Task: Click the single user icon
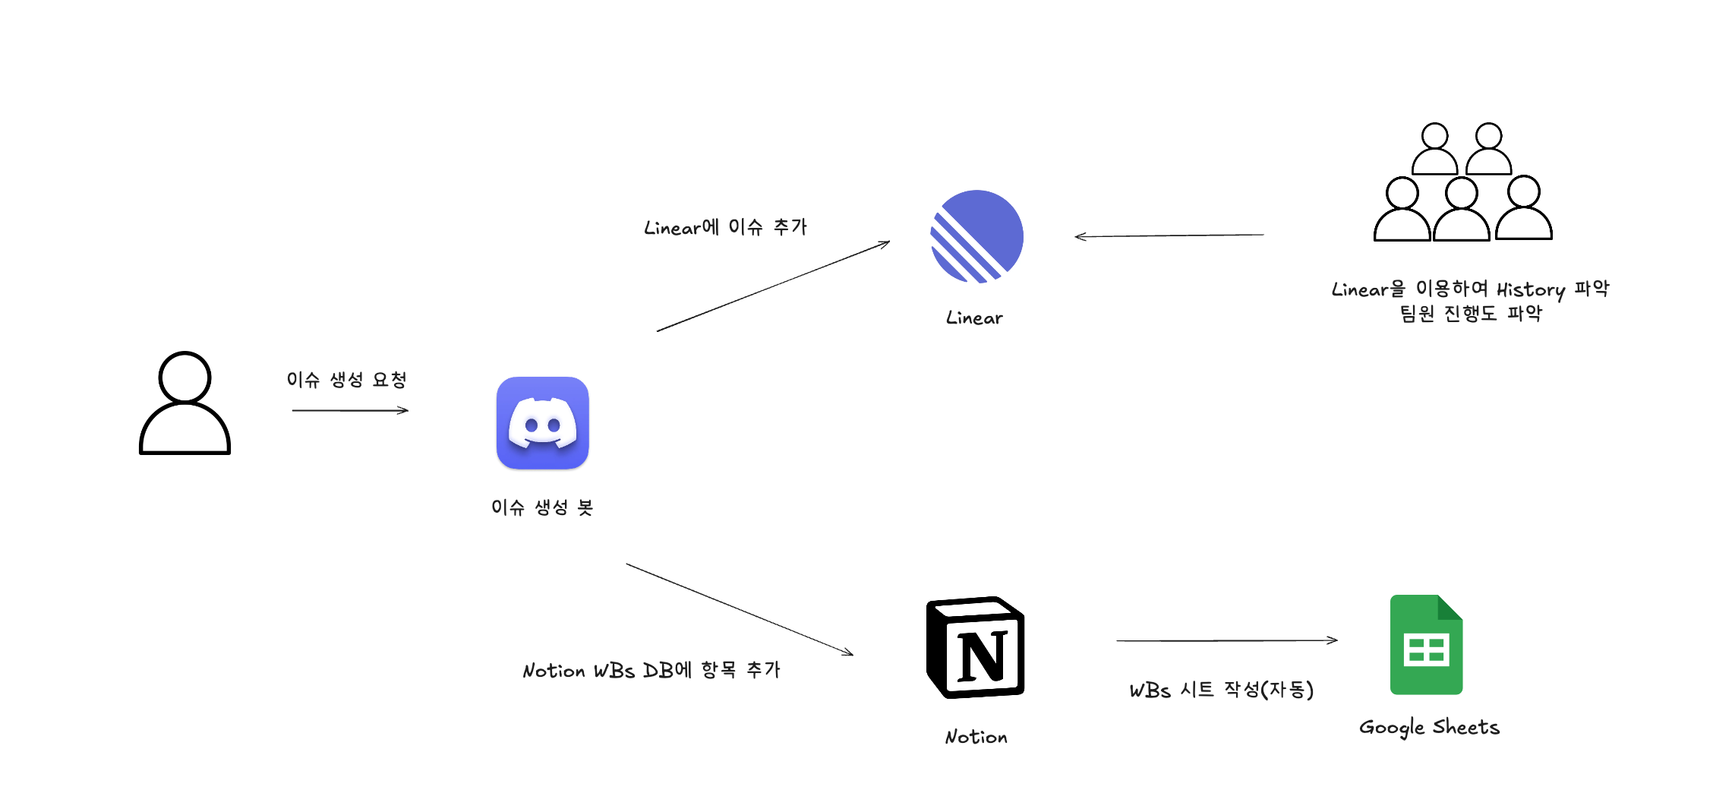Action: click(x=185, y=403)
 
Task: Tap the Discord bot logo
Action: click(x=542, y=423)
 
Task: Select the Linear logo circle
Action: click(x=977, y=236)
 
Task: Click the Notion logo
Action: click(x=976, y=647)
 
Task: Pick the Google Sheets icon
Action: click(x=1426, y=644)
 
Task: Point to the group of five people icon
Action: click(x=1462, y=183)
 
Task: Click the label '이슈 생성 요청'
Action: click(x=346, y=379)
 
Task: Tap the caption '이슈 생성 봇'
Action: click(x=541, y=507)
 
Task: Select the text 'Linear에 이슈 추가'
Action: click(x=725, y=227)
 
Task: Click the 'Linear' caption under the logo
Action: click(x=974, y=318)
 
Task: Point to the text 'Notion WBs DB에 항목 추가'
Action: click(x=651, y=670)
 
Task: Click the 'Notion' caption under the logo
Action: click(x=976, y=736)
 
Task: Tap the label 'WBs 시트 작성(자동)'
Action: click(x=1221, y=690)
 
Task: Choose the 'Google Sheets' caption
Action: click(x=1429, y=727)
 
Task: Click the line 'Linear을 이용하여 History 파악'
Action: click(x=1470, y=289)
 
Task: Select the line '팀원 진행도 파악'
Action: click(x=1470, y=313)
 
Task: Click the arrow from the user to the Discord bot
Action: click(x=350, y=410)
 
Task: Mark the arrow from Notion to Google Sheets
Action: click(x=1226, y=640)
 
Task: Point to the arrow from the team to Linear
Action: click(x=1169, y=235)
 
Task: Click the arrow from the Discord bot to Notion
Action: click(x=740, y=609)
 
